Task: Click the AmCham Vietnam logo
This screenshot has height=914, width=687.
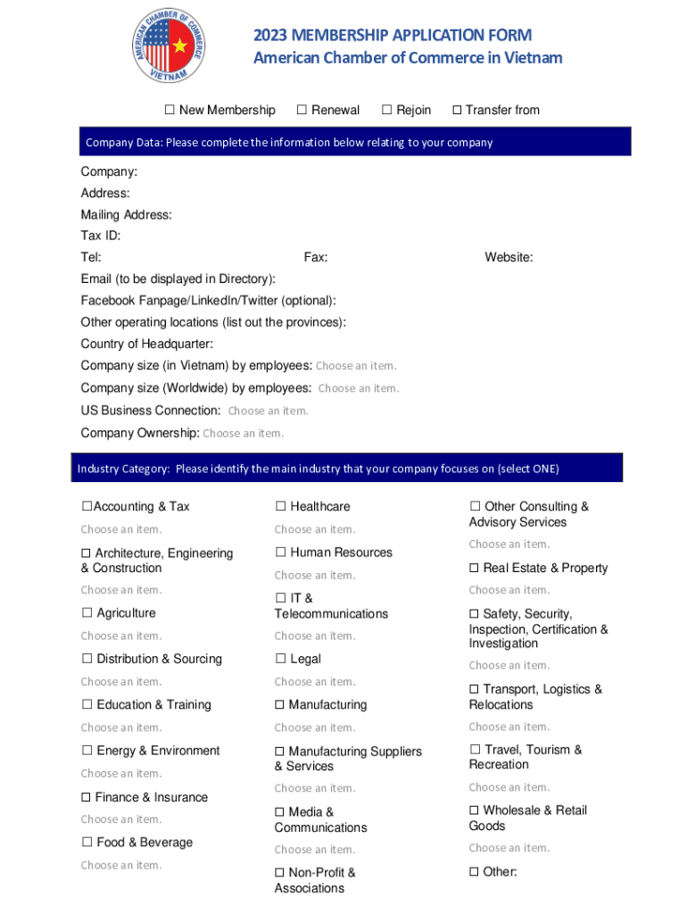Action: click(x=169, y=46)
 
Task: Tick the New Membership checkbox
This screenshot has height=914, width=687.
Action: click(x=169, y=110)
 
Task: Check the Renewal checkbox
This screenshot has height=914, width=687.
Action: click(x=302, y=110)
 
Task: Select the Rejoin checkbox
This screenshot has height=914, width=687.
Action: click(x=386, y=110)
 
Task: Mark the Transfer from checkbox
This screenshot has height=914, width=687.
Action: click(x=457, y=110)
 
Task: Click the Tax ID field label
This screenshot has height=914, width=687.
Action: click(x=100, y=236)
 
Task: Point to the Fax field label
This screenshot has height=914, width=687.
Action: click(x=315, y=257)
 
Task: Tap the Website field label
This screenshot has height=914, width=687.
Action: click(x=509, y=257)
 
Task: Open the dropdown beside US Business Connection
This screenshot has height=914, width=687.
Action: click(x=268, y=411)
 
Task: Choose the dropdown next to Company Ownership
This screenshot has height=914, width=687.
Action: click(x=243, y=433)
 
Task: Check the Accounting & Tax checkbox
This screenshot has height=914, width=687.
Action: click(x=87, y=506)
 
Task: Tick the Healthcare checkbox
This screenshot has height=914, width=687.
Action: click(x=280, y=506)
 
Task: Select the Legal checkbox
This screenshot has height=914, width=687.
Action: click(x=280, y=659)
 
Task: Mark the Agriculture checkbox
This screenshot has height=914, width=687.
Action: click(x=87, y=613)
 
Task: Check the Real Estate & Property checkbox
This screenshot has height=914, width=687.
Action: click(x=475, y=568)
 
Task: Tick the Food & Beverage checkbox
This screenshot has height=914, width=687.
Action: click(x=87, y=842)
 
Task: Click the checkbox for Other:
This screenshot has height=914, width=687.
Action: click(x=475, y=871)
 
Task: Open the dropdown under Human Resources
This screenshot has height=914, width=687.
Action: click(x=314, y=575)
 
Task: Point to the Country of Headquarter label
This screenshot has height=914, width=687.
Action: click(x=146, y=344)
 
